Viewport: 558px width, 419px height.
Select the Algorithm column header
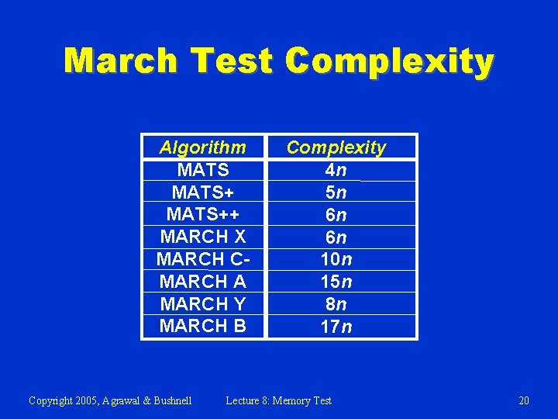click(202, 147)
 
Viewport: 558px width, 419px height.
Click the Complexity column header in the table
click(336, 147)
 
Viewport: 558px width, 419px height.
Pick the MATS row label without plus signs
click(202, 169)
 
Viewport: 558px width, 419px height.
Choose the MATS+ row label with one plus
click(202, 192)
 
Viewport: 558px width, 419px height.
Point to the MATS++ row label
click(202, 214)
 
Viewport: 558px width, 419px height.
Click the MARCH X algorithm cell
click(202, 237)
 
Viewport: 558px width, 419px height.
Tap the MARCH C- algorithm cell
click(202, 259)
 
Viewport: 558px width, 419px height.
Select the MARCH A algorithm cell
click(202, 281)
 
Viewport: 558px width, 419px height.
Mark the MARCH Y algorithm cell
click(202, 303)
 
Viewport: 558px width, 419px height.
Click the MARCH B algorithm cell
click(202, 326)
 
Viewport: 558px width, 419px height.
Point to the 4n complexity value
click(336, 169)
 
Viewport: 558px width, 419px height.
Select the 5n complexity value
click(336, 192)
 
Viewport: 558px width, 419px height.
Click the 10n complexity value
click(336, 259)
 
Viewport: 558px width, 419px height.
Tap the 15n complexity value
click(336, 281)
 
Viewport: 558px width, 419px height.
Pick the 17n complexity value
click(336, 327)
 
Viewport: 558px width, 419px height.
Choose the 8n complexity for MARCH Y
click(336, 303)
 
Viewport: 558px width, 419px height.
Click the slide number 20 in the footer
click(524, 400)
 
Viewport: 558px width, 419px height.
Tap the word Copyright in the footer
click(52, 400)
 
